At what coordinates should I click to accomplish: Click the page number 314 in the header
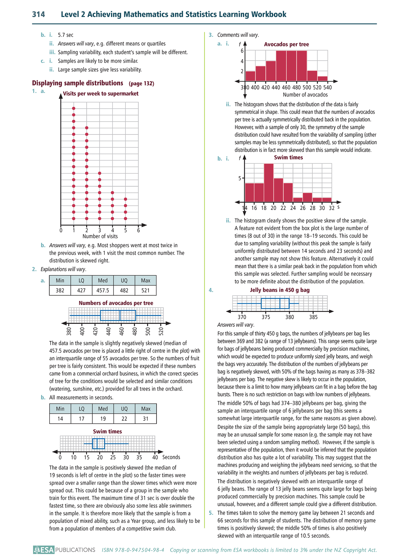38,14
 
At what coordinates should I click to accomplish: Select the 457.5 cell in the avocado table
103,290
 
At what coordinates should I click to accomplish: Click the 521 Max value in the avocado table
145,290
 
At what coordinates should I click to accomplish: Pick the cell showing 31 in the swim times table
145,418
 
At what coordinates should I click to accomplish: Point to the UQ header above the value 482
124,280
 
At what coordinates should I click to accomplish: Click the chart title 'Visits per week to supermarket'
101,94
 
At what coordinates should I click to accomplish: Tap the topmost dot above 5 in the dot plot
125,199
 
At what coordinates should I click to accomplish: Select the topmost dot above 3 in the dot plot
100,173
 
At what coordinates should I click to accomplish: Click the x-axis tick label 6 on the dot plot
138,230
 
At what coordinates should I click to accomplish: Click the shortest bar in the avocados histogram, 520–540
322,78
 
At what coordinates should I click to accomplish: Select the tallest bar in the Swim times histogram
269,183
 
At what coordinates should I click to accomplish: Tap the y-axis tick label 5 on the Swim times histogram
240,178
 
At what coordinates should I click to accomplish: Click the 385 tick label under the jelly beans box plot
313,317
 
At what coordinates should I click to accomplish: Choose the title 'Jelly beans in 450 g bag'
280,290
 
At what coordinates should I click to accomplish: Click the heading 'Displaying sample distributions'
78,83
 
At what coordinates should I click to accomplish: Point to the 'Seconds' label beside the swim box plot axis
171,457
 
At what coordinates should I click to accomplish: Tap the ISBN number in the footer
133,550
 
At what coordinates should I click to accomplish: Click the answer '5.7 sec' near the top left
66,35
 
